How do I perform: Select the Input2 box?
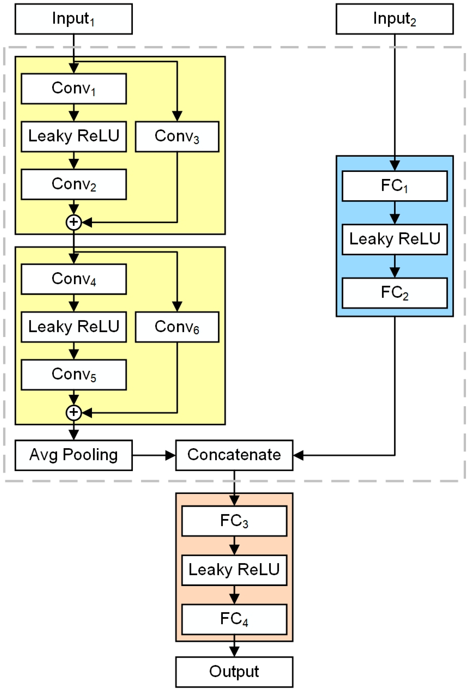394,19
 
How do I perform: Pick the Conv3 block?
177,136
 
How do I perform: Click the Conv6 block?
177,327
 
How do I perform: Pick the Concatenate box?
234,455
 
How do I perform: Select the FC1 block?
394,186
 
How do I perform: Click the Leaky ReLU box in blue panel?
394,239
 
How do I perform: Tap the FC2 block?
394,293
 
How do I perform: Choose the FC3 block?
234,521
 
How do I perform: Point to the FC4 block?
234,619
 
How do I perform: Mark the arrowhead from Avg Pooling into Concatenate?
171,455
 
